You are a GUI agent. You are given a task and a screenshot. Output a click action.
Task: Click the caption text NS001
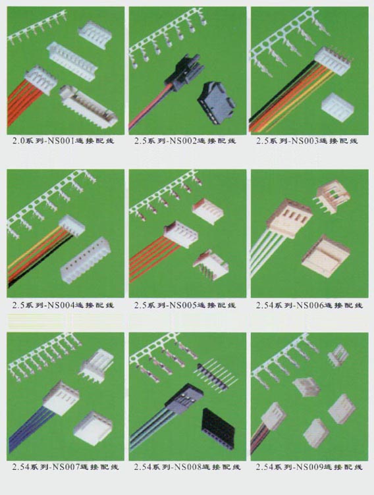(x=60, y=141)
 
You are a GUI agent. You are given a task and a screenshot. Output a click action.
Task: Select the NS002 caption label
(x=182, y=141)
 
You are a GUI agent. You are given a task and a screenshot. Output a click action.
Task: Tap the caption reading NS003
(x=304, y=141)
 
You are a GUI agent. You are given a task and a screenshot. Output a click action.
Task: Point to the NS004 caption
(x=60, y=305)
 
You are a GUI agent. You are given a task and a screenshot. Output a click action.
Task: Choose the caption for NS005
(x=182, y=305)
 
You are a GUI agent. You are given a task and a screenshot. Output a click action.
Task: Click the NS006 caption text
(x=309, y=305)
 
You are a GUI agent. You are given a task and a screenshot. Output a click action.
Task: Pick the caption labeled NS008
(x=187, y=467)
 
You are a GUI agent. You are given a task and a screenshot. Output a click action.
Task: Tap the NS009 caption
(x=309, y=467)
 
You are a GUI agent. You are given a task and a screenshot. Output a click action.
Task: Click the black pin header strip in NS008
(x=215, y=375)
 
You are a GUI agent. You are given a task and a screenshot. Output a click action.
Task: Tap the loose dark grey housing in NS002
(x=217, y=102)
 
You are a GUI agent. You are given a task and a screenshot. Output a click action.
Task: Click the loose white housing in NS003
(x=338, y=107)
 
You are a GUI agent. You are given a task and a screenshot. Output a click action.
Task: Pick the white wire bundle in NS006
(x=268, y=253)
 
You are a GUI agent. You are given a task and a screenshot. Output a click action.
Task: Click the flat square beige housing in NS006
(x=326, y=256)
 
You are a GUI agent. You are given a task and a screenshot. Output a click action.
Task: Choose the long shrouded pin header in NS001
(x=89, y=107)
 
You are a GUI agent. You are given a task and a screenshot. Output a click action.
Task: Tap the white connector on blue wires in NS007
(x=61, y=398)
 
